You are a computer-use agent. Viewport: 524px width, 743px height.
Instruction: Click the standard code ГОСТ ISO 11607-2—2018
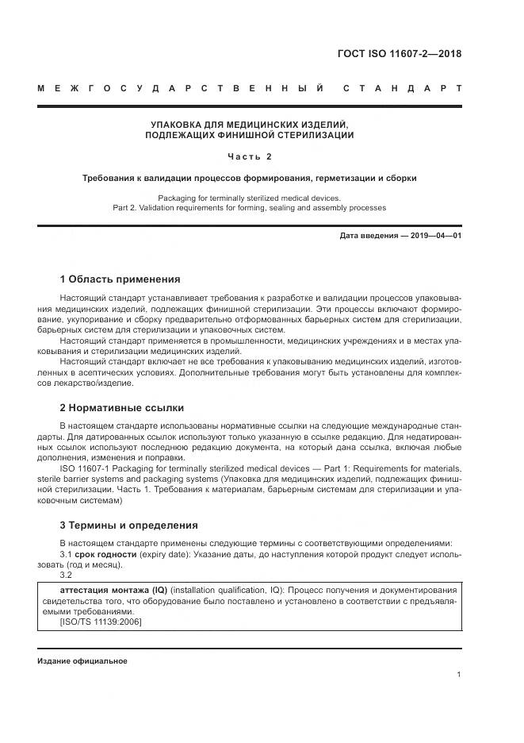point(400,55)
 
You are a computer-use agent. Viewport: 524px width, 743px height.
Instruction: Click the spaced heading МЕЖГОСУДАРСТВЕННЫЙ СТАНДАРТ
point(250,88)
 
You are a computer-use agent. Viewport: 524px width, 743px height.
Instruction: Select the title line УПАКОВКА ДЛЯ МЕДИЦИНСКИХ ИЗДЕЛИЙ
point(250,125)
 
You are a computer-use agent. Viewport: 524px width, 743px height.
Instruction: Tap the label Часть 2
point(250,156)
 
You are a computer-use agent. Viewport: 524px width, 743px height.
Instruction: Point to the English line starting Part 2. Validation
point(250,208)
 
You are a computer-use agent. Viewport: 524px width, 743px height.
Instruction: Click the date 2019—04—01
point(434,236)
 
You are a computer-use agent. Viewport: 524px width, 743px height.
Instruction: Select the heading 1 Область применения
point(120,279)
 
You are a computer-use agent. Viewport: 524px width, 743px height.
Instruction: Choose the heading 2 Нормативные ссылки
point(121,408)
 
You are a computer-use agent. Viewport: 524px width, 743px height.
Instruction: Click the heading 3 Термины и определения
point(128,525)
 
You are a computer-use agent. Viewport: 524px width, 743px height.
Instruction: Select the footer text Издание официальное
point(82,660)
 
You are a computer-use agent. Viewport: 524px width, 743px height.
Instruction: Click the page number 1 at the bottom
point(459,674)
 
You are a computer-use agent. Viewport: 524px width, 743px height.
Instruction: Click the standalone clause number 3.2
point(67,576)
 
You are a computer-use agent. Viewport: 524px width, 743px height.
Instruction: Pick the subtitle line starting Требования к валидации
point(250,178)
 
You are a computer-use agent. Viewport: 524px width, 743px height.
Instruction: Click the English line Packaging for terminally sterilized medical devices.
point(250,198)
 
